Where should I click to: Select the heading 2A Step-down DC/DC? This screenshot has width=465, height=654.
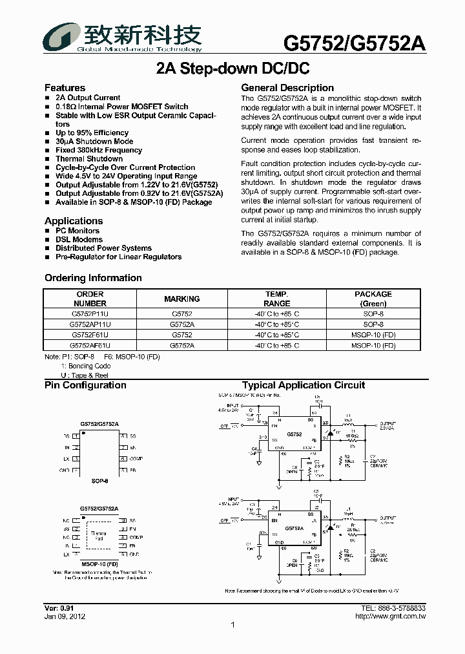pyautogui.click(x=232, y=69)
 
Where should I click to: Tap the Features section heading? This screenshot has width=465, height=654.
pyautogui.click(x=65, y=88)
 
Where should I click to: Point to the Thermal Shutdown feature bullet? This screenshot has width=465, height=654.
pyautogui.click(x=88, y=158)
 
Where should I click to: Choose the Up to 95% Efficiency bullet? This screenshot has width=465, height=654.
pyautogui.click(x=92, y=132)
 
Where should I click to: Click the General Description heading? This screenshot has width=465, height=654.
pyautogui.click(x=287, y=88)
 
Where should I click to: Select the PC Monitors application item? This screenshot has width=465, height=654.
pyautogui.click(x=77, y=231)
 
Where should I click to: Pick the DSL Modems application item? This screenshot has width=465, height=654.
pyautogui.click(x=79, y=239)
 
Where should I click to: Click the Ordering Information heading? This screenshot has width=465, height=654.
pyautogui.click(x=93, y=278)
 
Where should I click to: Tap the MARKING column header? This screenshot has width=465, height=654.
pyautogui.click(x=181, y=299)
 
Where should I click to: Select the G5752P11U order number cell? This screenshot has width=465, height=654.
pyautogui.click(x=90, y=313)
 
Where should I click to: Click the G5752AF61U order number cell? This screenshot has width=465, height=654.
pyautogui.click(x=90, y=346)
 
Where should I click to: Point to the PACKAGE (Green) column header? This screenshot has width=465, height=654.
pyautogui.click(x=373, y=299)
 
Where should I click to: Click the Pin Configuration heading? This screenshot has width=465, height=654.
pyautogui.click(x=85, y=385)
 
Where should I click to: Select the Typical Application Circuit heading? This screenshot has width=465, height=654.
pyautogui.click(x=303, y=385)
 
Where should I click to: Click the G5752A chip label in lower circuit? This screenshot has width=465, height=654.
pyautogui.click(x=294, y=528)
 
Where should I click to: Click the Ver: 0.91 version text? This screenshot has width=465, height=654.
pyautogui.click(x=59, y=609)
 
